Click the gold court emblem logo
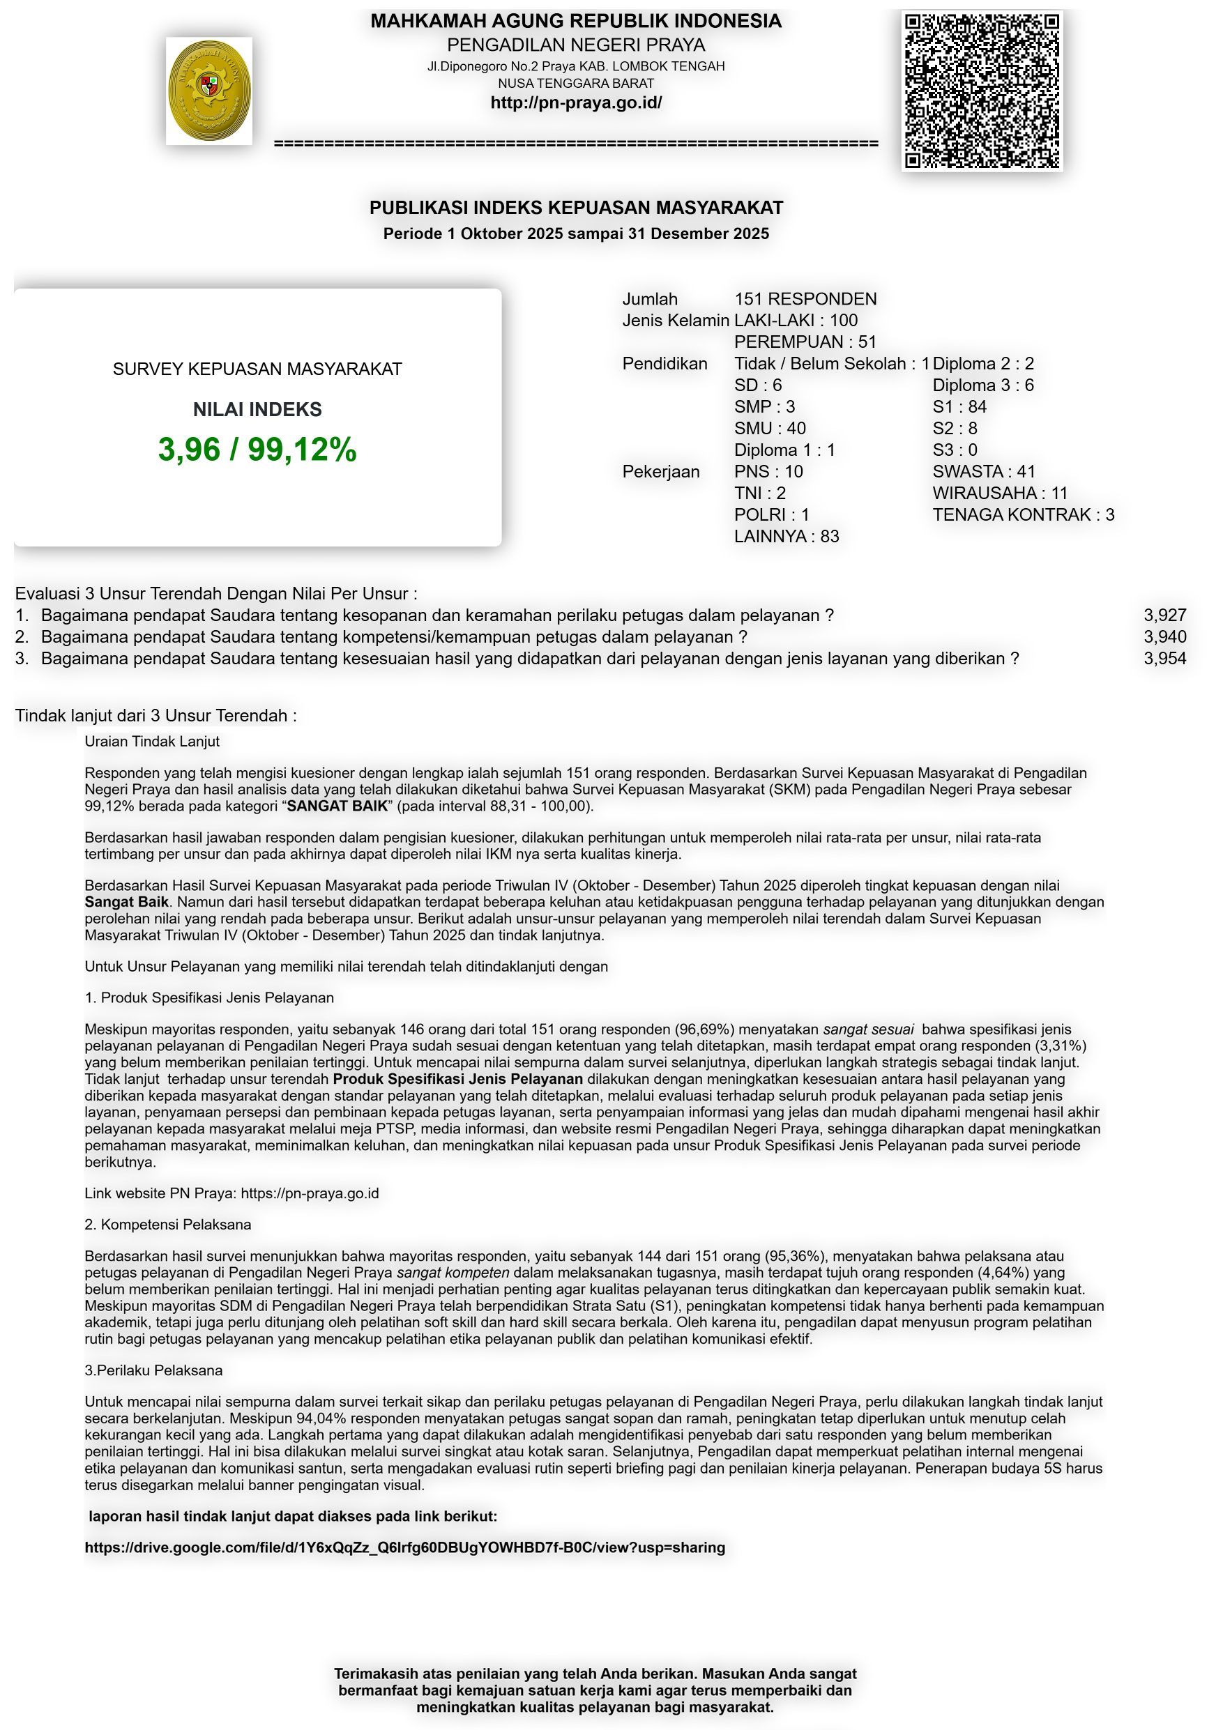(208, 91)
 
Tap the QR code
(982, 91)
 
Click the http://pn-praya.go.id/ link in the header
(576, 102)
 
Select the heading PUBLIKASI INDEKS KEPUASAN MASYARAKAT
(576, 207)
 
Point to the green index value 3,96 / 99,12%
(257, 449)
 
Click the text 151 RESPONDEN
(805, 299)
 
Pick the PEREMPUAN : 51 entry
(805, 342)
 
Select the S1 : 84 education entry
(959, 407)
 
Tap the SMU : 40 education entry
(769, 429)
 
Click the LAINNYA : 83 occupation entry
(786, 537)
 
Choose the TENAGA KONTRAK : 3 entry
(1023, 514)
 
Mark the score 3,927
(1164, 615)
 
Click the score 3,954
(1164, 659)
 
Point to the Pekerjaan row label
(660, 472)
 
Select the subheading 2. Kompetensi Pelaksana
(167, 1225)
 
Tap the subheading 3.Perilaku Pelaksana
(153, 1370)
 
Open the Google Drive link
(404, 1547)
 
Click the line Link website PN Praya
(231, 1193)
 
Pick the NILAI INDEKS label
(257, 409)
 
